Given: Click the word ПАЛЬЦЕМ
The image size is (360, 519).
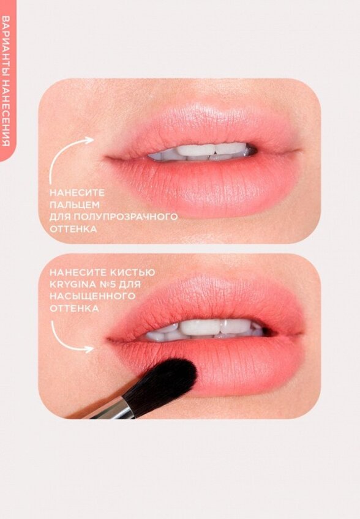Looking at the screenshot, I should [74, 204].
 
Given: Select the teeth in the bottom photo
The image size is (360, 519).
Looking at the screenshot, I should [202, 329].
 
